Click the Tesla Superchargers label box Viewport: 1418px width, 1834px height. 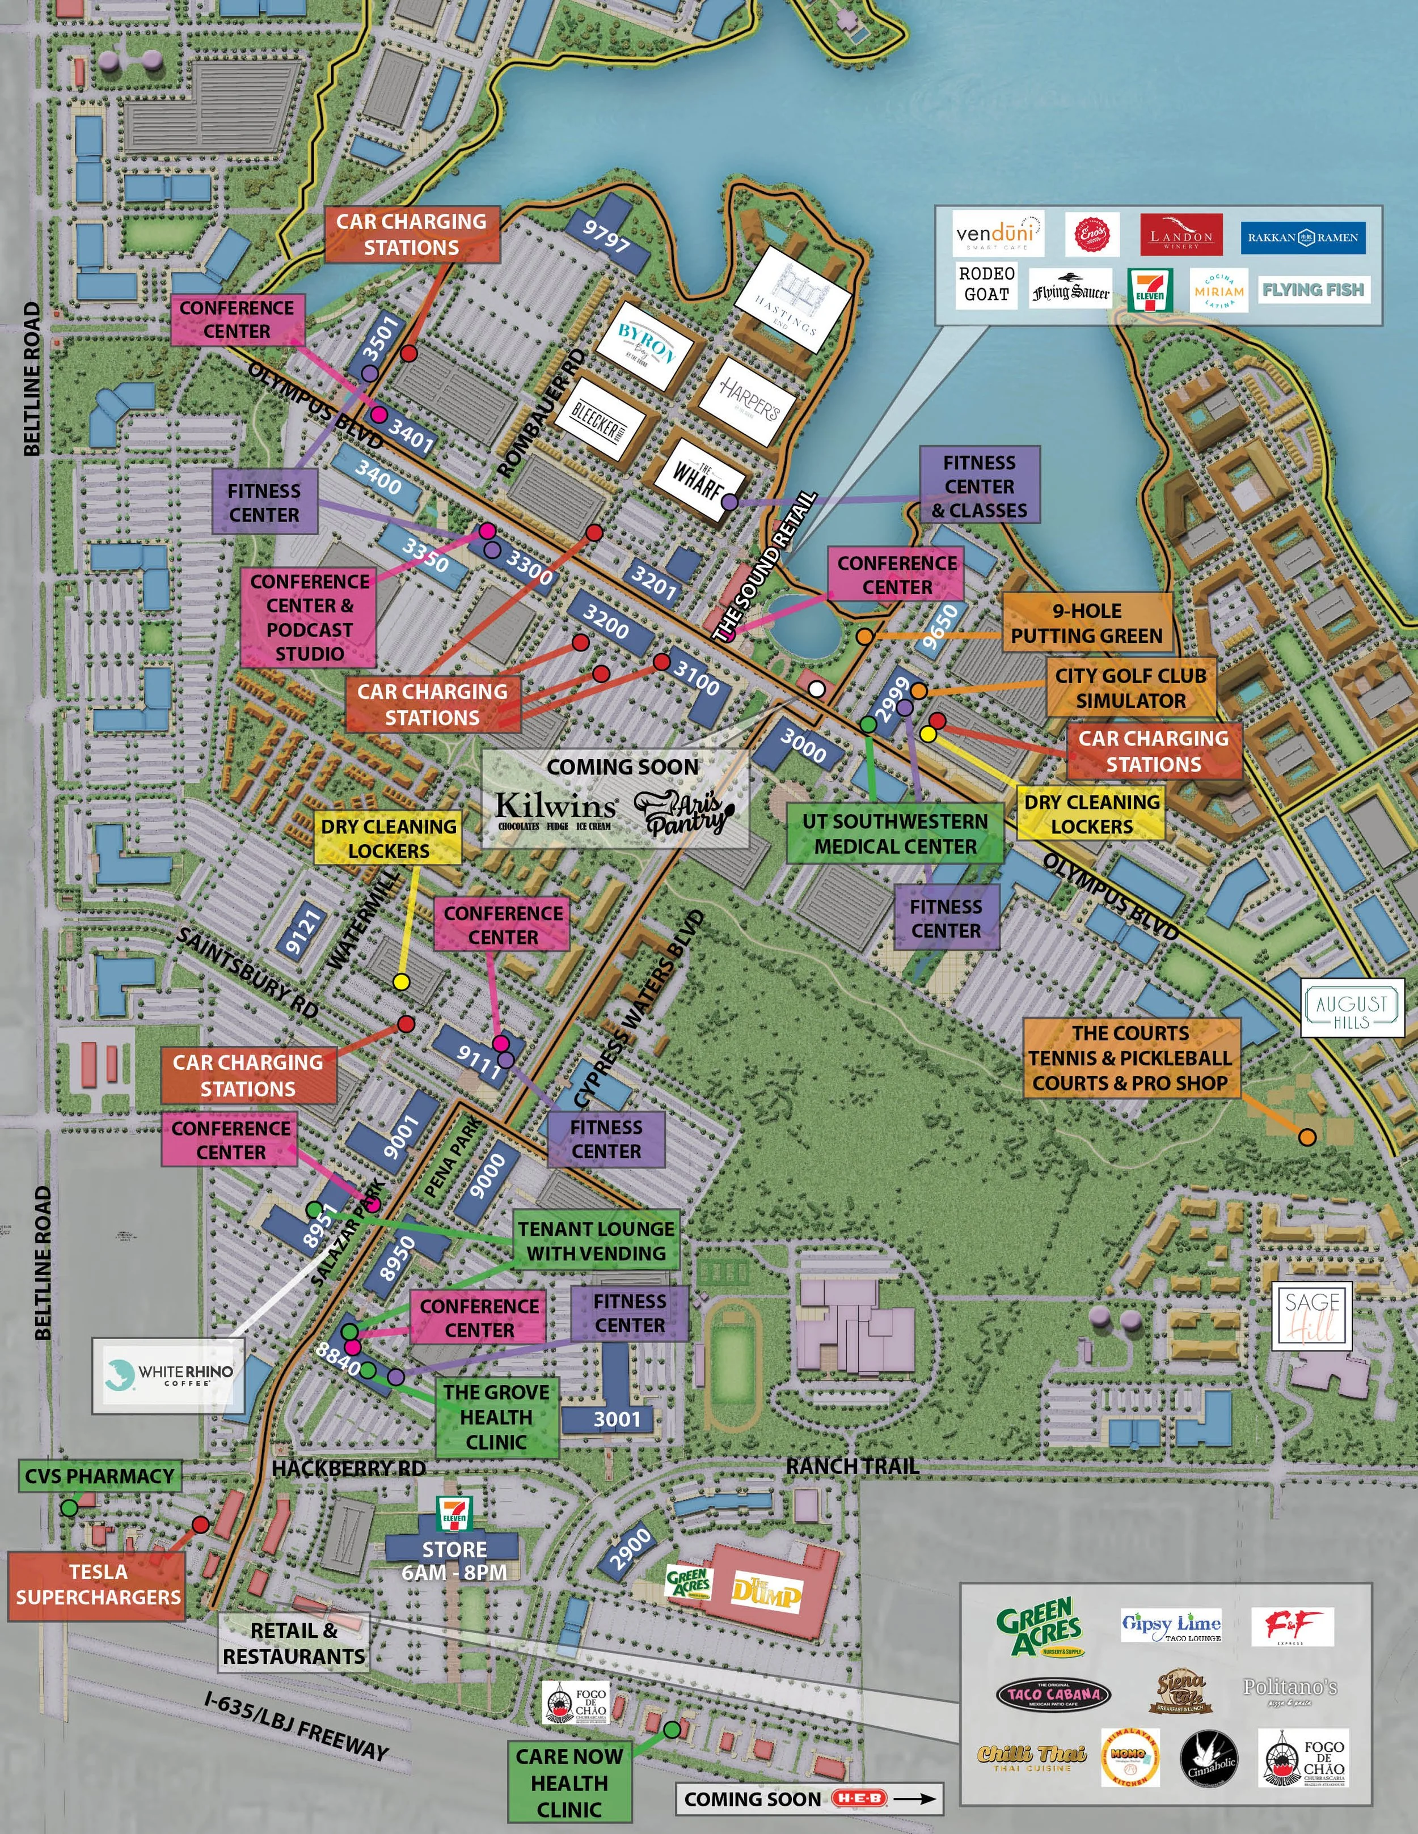98,1584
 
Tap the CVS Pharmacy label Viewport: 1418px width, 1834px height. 99,1476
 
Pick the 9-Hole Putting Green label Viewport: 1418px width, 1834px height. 1086,623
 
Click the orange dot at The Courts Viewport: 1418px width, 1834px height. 1306,1137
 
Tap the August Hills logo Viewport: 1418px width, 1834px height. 1352,1007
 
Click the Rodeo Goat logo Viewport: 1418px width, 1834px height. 986,284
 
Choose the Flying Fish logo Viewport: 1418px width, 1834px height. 1313,290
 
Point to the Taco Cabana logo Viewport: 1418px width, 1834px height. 1053,1695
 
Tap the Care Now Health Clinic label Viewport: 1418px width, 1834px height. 569,1782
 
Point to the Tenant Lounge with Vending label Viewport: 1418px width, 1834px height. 596,1240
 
